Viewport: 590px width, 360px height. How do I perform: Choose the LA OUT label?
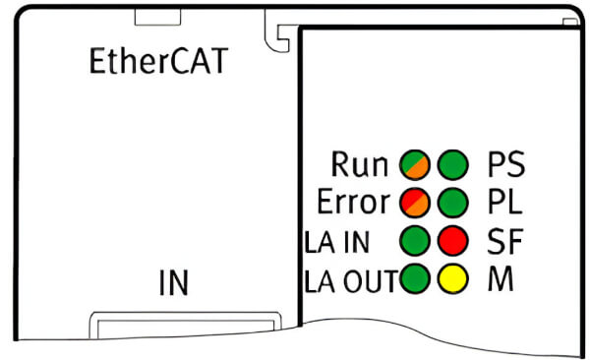click(348, 279)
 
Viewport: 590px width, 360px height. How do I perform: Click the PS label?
click(506, 164)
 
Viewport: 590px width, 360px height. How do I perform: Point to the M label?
click(501, 279)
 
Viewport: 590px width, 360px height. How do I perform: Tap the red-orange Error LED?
click(414, 204)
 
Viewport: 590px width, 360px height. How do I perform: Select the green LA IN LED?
click(414, 241)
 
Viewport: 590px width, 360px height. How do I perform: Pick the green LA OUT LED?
click(414, 279)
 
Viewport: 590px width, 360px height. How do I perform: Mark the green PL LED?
click(453, 204)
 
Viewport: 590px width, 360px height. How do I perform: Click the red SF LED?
click(453, 241)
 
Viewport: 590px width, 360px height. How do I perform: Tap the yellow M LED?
click(453, 279)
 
